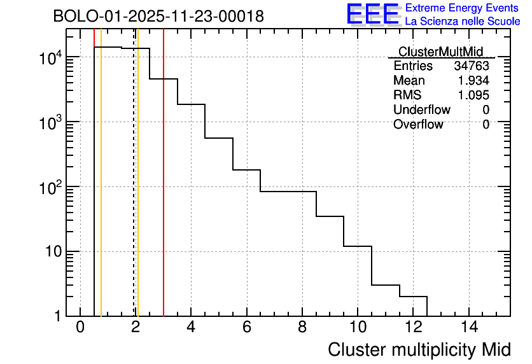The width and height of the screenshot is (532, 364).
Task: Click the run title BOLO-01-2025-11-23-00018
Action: point(158,17)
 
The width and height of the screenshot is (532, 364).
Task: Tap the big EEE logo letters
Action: point(373,14)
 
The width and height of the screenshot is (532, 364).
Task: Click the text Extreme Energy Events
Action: point(462,8)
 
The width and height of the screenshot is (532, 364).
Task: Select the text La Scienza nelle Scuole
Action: point(462,22)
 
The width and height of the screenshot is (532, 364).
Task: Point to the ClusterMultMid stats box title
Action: point(440,52)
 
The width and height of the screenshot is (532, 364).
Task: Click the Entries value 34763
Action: point(471,66)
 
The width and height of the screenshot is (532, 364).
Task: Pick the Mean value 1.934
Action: point(473,81)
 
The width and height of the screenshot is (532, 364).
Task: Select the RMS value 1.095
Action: point(473,95)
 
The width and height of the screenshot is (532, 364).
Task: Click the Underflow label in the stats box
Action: point(421,110)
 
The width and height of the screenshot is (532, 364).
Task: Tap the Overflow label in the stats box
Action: point(417,125)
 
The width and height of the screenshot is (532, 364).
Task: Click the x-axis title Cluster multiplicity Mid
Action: point(419,349)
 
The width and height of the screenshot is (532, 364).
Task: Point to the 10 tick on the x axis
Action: point(358,327)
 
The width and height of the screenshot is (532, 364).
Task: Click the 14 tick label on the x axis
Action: point(468,327)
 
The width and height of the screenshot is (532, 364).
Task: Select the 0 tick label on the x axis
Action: point(80,327)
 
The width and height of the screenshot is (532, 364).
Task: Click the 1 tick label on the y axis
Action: point(57,316)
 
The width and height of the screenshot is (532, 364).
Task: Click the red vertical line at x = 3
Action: point(164,191)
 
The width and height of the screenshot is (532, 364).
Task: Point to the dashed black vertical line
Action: point(134,191)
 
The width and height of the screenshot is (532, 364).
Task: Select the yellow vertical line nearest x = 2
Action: point(137,191)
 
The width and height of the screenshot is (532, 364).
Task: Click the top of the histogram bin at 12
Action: point(413,297)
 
